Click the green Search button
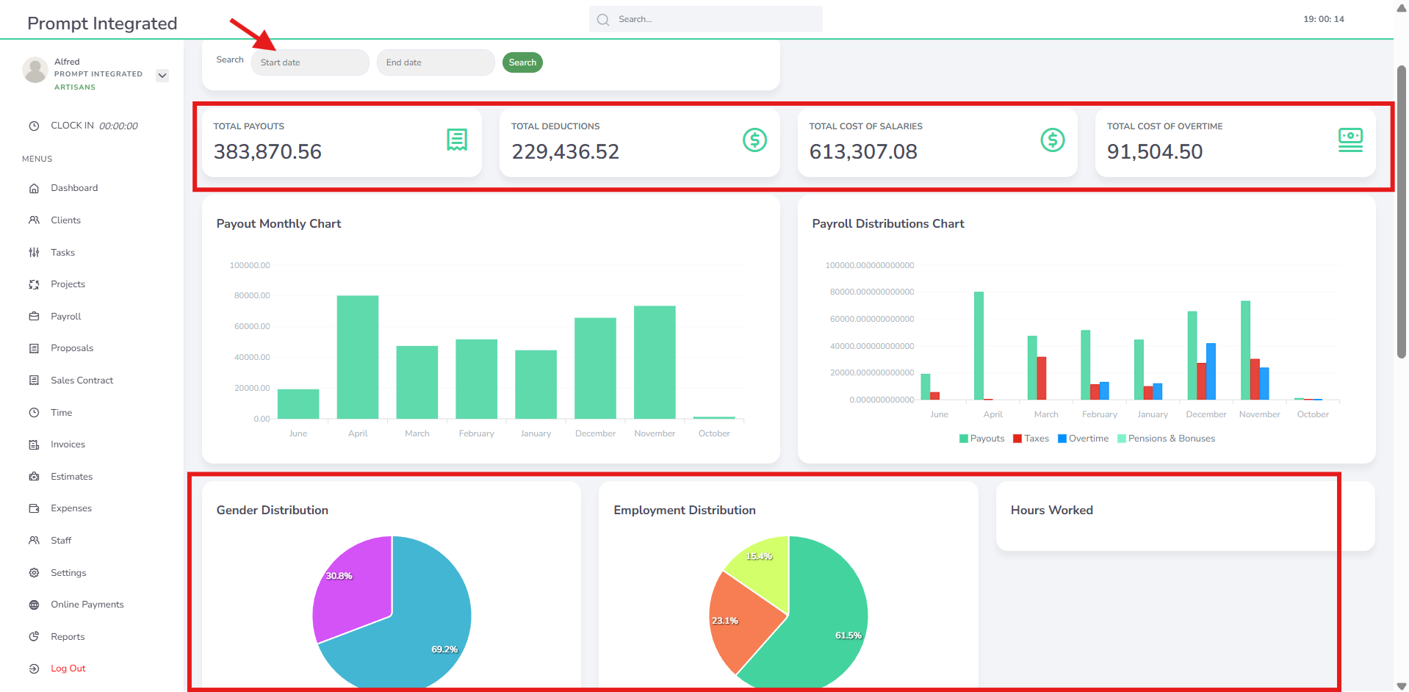click(522, 62)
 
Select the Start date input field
click(310, 62)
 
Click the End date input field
click(436, 62)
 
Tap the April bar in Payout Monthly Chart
click(358, 357)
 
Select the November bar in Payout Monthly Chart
click(655, 362)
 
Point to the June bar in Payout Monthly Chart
click(298, 404)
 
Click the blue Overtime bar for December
click(1211, 372)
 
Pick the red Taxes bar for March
click(1042, 378)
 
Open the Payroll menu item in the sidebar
click(65, 317)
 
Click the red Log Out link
click(68, 668)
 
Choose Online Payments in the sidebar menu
click(87, 605)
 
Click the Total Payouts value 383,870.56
click(267, 151)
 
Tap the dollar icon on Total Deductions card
click(754, 140)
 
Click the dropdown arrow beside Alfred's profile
click(162, 75)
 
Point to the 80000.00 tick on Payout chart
click(252, 295)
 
